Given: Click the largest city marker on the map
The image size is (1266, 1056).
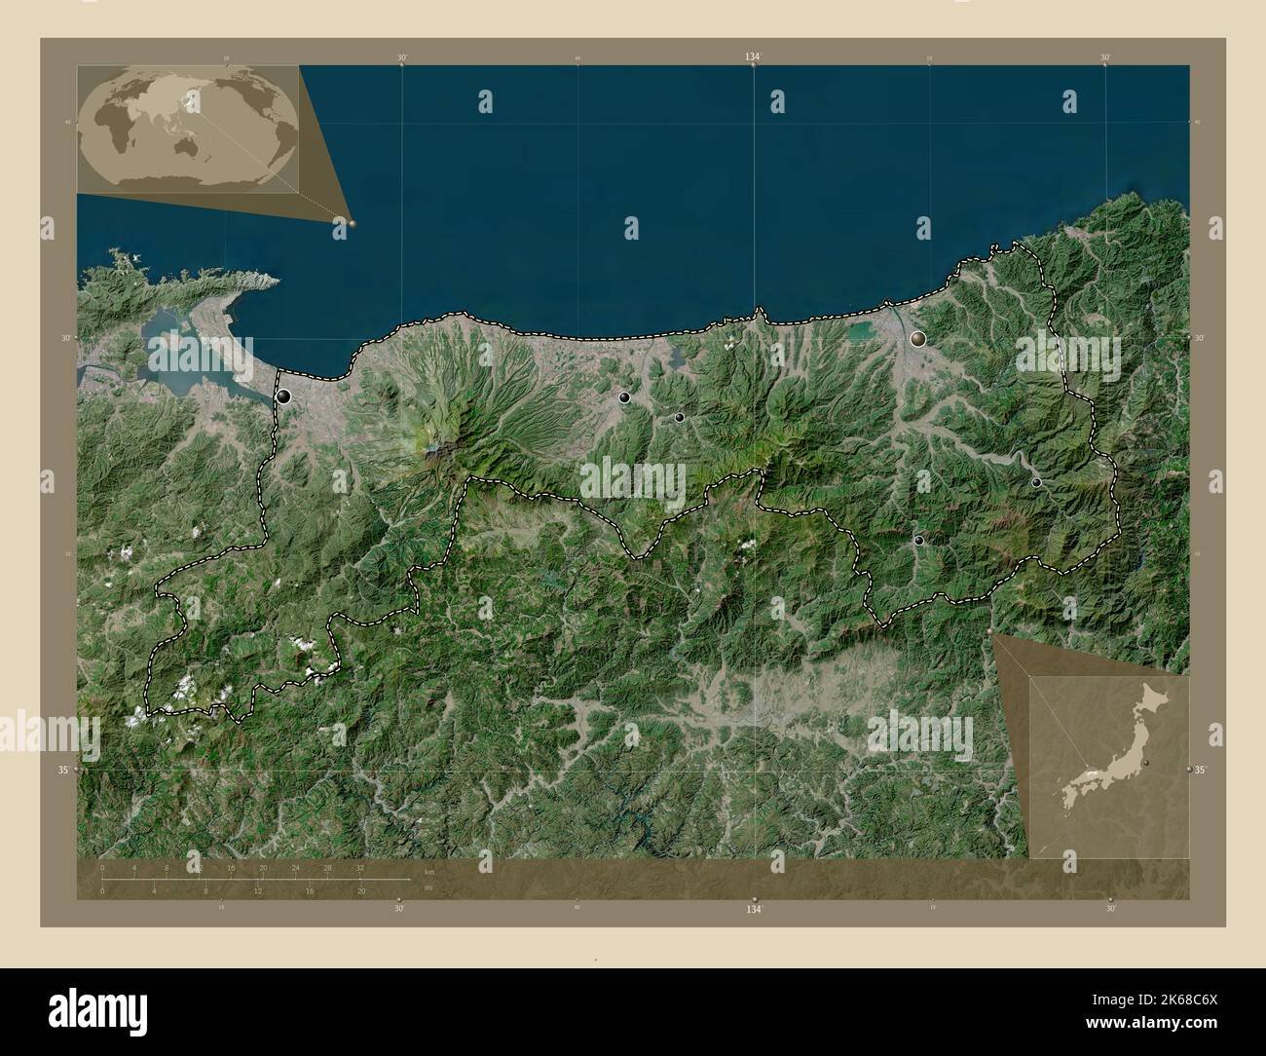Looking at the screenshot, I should (x=917, y=339).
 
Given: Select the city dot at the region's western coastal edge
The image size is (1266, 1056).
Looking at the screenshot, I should (x=283, y=396).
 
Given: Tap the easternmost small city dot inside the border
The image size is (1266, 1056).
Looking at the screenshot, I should (x=1036, y=482).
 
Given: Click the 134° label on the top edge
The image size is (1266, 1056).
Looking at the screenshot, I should (x=753, y=57).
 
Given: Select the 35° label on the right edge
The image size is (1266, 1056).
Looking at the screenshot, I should (x=1201, y=770).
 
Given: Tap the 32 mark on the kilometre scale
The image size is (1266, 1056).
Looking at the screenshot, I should (x=360, y=867).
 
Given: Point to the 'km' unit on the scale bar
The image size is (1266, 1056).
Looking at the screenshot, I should (x=429, y=871).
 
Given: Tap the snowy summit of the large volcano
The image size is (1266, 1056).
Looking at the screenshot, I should (x=436, y=448).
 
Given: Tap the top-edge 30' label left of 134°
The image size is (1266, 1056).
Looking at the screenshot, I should (x=401, y=57).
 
